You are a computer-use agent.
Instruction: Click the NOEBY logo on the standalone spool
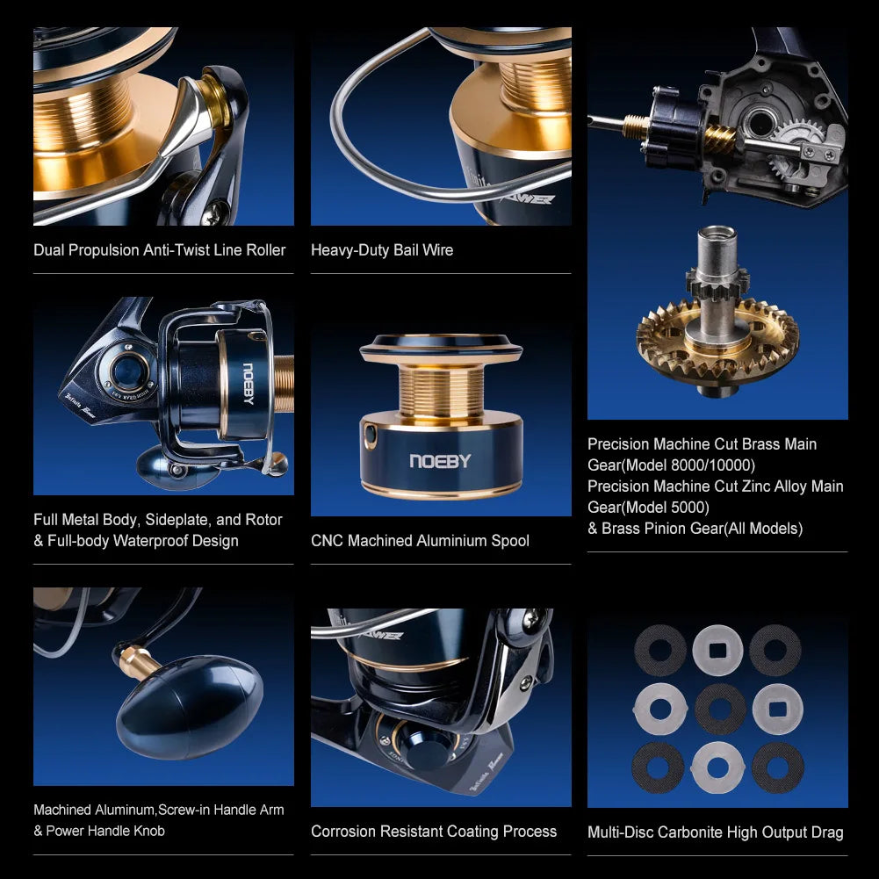(440, 461)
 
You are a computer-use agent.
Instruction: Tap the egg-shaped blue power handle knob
(189, 707)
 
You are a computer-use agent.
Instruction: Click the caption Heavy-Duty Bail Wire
(382, 250)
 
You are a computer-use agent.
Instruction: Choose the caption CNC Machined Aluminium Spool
(420, 541)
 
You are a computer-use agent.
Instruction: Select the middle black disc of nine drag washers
(719, 708)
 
